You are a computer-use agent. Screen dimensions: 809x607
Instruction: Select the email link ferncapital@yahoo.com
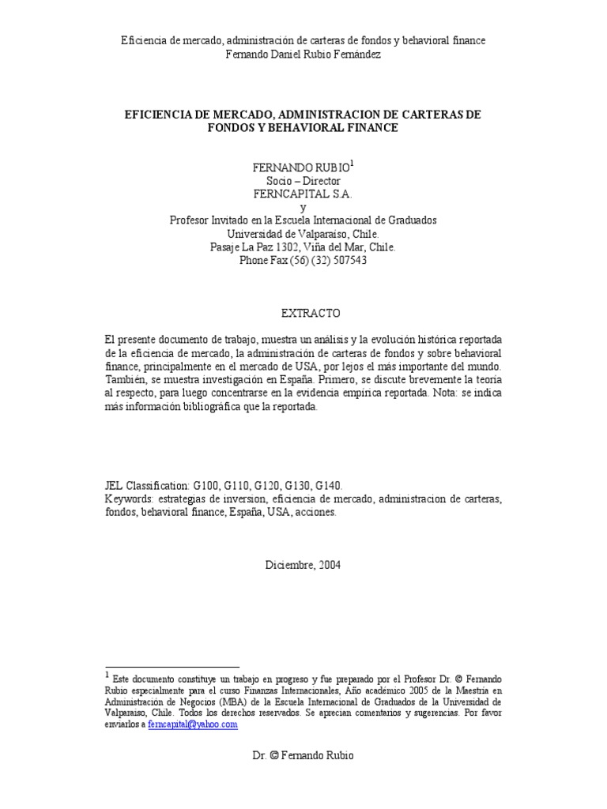click(x=193, y=724)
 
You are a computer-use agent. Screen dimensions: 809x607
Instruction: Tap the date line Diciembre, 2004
click(x=303, y=565)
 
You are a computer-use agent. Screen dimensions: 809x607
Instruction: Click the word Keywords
click(x=128, y=499)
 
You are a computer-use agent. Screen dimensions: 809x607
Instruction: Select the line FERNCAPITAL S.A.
click(x=303, y=194)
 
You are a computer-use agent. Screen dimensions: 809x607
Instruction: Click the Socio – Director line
click(x=303, y=181)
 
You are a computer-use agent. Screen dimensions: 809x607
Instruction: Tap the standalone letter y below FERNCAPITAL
click(x=303, y=207)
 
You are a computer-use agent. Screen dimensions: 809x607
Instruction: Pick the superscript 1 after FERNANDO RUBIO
click(x=352, y=164)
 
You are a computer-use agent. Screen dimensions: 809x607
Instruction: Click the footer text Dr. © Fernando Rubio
click(x=303, y=755)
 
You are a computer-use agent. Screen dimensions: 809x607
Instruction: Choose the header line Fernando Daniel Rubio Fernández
click(x=303, y=54)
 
